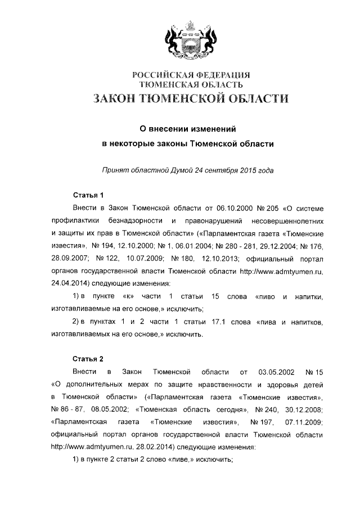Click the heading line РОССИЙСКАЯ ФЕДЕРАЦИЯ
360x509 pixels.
coord(190,75)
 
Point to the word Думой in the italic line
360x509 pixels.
coord(181,169)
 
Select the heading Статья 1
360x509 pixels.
coord(89,196)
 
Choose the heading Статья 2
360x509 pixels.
coord(89,358)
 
